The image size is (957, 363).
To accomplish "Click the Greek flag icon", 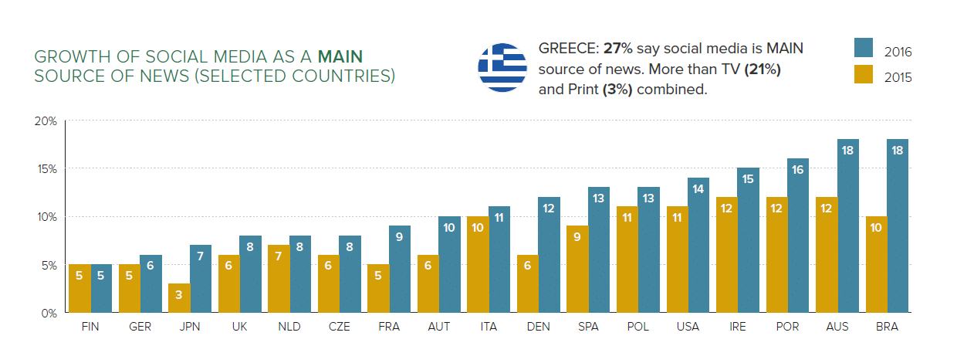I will coord(502,67).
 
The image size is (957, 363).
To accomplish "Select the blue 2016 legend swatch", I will coord(864,47).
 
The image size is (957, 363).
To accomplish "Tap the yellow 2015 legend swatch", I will coord(864,74).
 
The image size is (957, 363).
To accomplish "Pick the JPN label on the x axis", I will coord(190,327).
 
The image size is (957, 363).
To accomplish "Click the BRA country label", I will coord(887,327).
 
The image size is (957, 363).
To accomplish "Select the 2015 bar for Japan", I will coord(179,297).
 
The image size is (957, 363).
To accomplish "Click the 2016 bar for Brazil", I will coord(898,226).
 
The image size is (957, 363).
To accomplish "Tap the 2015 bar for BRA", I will coord(876,264).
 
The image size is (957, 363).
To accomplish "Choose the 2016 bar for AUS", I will coord(848,226).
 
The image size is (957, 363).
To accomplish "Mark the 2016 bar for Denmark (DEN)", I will coord(550,255).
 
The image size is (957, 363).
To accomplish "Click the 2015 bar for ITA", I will coord(478,264).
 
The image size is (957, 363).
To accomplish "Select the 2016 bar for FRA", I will coord(400,269).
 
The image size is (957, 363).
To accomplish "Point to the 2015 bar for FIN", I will coord(79,288).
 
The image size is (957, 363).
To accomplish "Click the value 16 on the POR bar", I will coord(798,169).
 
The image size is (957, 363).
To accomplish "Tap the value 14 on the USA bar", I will coord(698,188).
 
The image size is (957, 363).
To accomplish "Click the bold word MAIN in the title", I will coord(340,56).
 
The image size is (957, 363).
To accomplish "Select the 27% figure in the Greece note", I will coord(617,49).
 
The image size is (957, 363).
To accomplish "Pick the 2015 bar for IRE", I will coord(727,255).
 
